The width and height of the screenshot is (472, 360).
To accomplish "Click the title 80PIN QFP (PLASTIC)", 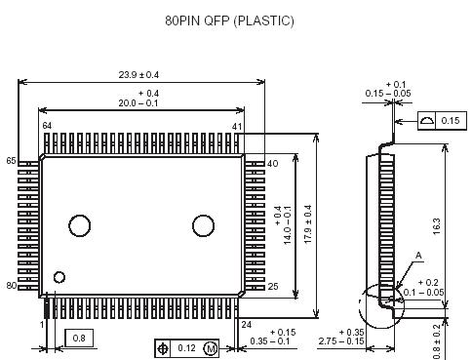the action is coord(229,20).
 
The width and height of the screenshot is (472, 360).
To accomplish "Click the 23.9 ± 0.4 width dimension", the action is coord(138,75).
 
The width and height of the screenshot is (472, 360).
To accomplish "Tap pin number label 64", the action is coord(47,126).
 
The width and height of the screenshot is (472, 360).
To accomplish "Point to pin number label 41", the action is coord(237,126).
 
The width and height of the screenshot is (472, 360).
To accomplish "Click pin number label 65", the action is coord(11,161).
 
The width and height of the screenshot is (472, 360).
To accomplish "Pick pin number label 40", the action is coord(272,163).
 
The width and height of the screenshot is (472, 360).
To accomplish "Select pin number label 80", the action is coord(12,286).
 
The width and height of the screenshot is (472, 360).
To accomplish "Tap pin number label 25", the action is coord(273,286).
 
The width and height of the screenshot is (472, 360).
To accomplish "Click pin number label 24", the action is coord(246,324).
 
